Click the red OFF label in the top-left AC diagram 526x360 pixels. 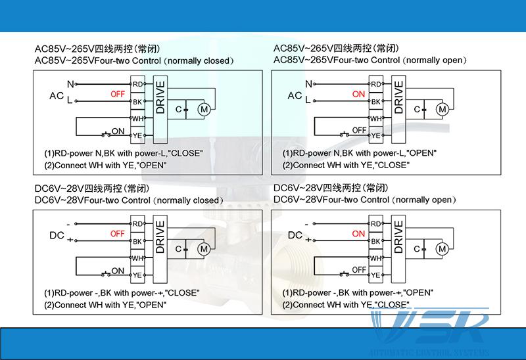pos(118,95)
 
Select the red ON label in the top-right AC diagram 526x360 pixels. pos(358,95)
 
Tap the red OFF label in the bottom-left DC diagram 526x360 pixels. pos(118,234)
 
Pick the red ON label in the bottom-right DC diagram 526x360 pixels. pos(358,234)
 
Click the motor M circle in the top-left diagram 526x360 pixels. pos(204,108)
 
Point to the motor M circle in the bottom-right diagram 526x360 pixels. pos(442,248)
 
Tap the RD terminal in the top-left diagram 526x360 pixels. pos(137,84)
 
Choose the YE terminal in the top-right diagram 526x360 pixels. pos(376,135)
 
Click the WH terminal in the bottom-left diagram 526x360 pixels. pos(137,258)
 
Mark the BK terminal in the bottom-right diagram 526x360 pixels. pos(376,242)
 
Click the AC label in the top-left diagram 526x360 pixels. pos(57,95)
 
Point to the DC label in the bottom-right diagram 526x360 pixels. pos(295,235)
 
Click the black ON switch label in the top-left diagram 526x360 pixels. pos(118,131)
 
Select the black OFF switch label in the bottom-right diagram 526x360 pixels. pos(359,269)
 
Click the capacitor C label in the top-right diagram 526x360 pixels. pos(417,108)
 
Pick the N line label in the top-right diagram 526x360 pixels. pos(308,84)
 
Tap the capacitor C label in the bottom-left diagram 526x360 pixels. pos(178,248)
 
